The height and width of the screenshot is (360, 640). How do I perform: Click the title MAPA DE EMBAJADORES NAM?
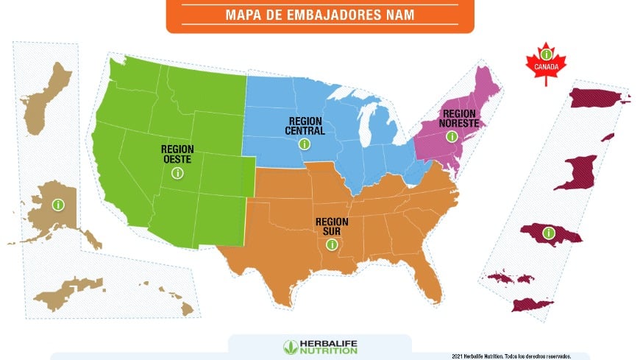pyautogui.click(x=320, y=14)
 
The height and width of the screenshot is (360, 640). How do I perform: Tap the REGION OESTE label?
pyautogui.click(x=177, y=153)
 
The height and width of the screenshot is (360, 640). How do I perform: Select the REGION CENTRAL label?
pyautogui.click(x=305, y=125)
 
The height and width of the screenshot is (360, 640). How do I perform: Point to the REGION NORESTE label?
pyautogui.click(x=460, y=119)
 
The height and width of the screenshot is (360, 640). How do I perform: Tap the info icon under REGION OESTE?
pyautogui.click(x=177, y=173)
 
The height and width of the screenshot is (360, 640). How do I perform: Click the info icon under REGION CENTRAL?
pyautogui.click(x=305, y=145)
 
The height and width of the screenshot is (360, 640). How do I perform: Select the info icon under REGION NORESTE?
pyautogui.click(x=452, y=137)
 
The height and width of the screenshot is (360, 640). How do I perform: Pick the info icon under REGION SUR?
pyautogui.click(x=332, y=244)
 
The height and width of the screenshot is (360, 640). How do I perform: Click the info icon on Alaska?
pyautogui.click(x=57, y=205)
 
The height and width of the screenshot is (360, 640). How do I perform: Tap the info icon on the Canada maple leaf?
pyautogui.click(x=546, y=54)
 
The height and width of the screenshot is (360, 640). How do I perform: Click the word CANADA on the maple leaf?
pyautogui.click(x=546, y=67)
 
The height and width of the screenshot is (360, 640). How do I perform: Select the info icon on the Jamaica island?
pyautogui.click(x=548, y=233)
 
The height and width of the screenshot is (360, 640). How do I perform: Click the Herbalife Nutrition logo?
pyautogui.click(x=320, y=347)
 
